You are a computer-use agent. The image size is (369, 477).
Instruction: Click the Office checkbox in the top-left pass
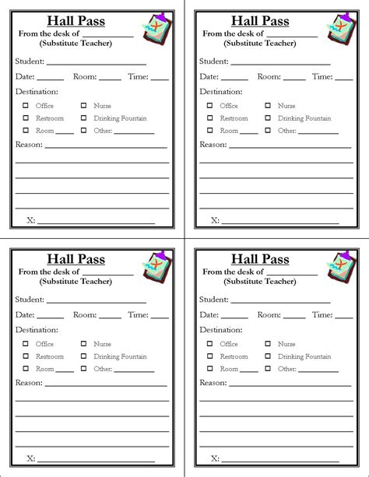point(26,105)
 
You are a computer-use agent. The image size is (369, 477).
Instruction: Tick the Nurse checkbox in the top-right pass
point(267,105)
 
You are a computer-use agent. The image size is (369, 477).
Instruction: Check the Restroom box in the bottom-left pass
point(26,356)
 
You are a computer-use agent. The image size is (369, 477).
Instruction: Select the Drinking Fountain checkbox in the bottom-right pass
point(267,356)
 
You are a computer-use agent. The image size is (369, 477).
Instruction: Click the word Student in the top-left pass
point(29,61)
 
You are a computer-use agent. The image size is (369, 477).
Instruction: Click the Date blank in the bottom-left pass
point(51,317)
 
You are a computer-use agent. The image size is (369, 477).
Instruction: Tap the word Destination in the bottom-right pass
point(220,330)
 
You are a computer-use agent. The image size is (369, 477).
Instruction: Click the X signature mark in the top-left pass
point(31,220)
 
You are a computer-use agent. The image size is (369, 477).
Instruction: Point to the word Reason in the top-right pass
point(213,144)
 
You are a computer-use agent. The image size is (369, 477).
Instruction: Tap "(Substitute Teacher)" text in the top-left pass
point(76,43)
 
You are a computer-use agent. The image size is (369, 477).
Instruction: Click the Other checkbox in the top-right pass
point(267,131)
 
